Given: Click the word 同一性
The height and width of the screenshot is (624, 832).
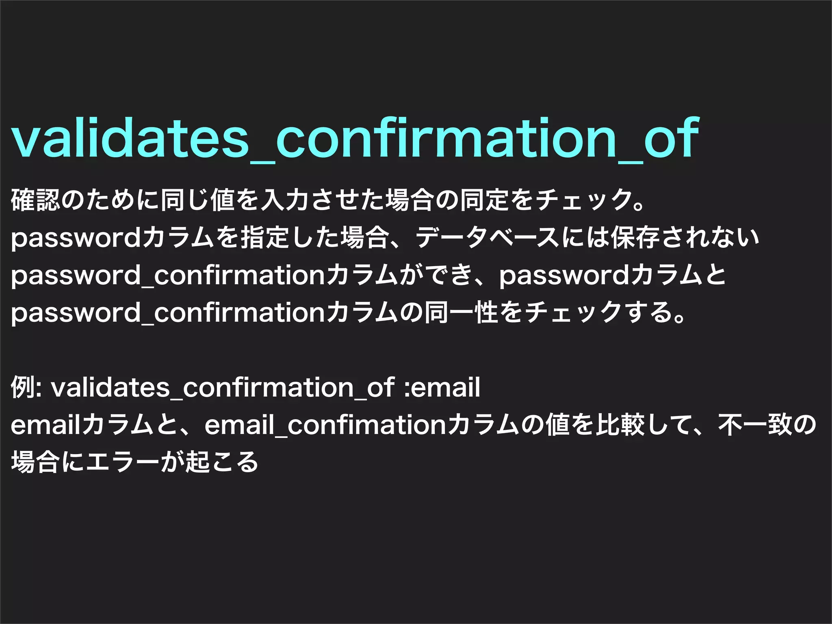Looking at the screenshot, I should tap(461, 313).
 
